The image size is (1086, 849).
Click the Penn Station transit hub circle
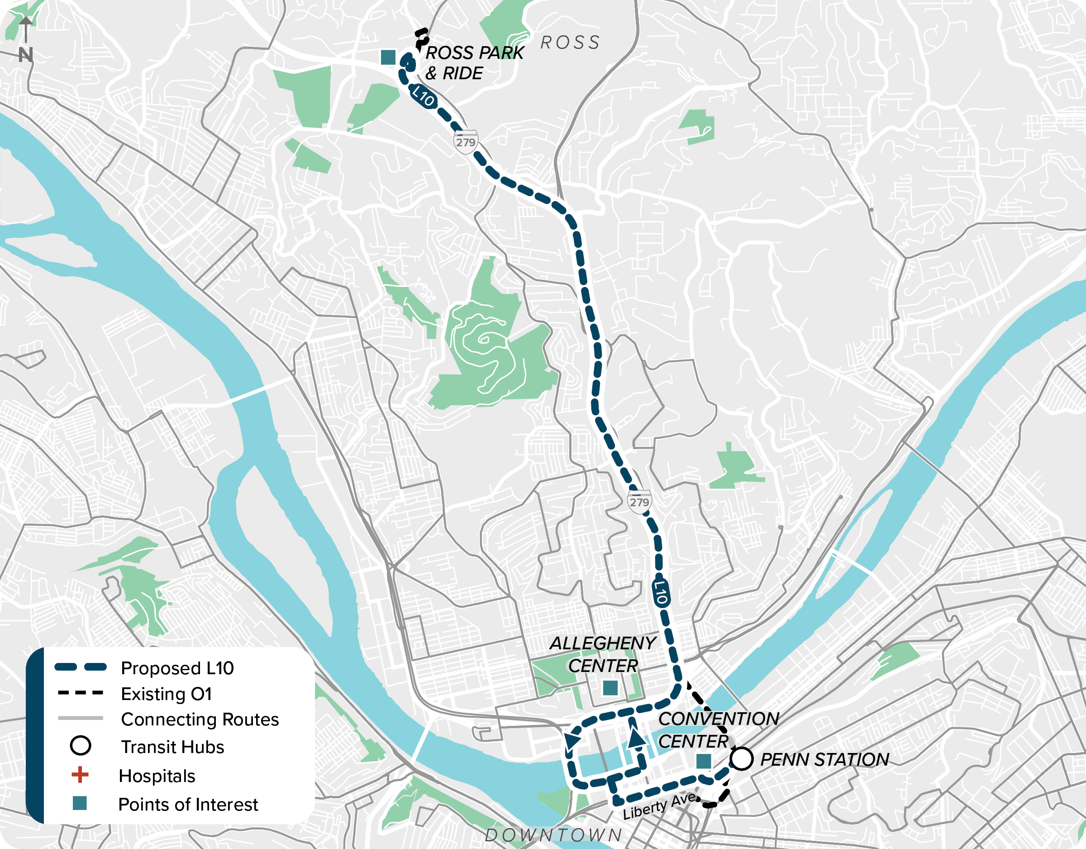coord(741,759)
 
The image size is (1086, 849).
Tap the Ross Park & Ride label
coord(474,62)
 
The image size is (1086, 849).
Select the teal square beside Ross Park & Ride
coord(388,57)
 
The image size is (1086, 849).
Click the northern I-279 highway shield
coord(466,142)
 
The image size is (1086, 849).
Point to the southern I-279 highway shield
coord(639,502)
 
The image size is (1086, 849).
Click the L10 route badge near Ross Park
coord(423,96)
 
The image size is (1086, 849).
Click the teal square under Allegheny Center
coord(610,688)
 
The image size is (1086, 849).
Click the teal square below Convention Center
coord(704,761)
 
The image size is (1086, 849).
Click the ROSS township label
coord(570,43)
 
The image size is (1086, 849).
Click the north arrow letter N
coord(26,55)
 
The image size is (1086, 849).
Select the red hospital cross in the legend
coord(80,775)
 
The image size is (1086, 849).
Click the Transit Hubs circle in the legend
coord(81,746)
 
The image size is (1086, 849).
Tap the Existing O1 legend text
coord(166,694)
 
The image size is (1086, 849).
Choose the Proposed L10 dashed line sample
coord(81,667)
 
